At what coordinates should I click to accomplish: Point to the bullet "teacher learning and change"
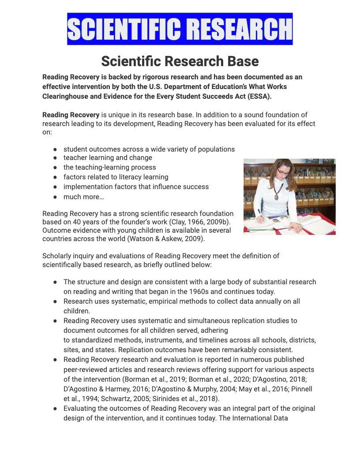click(108, 158)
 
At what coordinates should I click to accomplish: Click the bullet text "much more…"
click(84, 197)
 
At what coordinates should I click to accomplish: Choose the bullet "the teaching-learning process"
click(109, 167)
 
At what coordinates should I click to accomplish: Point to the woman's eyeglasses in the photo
click(283, 172)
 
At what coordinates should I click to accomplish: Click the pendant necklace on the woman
click(278, 194)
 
